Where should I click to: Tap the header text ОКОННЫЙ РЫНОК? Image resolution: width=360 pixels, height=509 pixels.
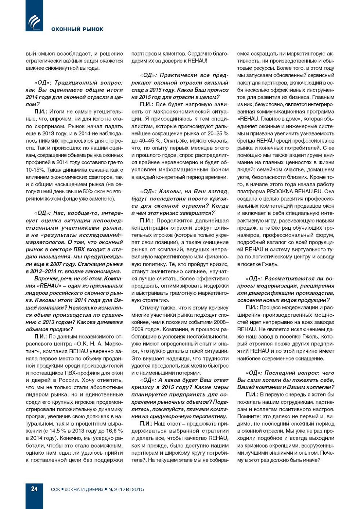point(77,29)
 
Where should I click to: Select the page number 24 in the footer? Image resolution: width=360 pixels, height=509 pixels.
point(34,489)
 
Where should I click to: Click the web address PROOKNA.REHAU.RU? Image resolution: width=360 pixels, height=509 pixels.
point(294,191)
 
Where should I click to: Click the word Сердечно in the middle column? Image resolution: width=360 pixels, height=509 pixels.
point(199,54)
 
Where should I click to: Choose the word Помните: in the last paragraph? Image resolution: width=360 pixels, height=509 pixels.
point(249,416)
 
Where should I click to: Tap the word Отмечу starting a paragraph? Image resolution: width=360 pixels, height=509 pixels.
point(149,308)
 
